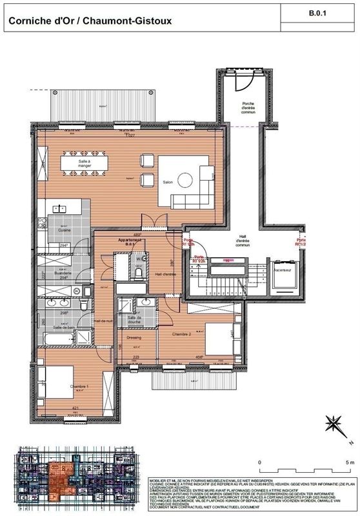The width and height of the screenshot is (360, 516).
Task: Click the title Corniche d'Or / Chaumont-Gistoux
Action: [89, 21]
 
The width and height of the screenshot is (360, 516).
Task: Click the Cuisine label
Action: [64, 230]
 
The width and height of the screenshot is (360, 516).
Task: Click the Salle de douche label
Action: [135, 320]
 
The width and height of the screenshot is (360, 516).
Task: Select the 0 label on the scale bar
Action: [259, 462]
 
